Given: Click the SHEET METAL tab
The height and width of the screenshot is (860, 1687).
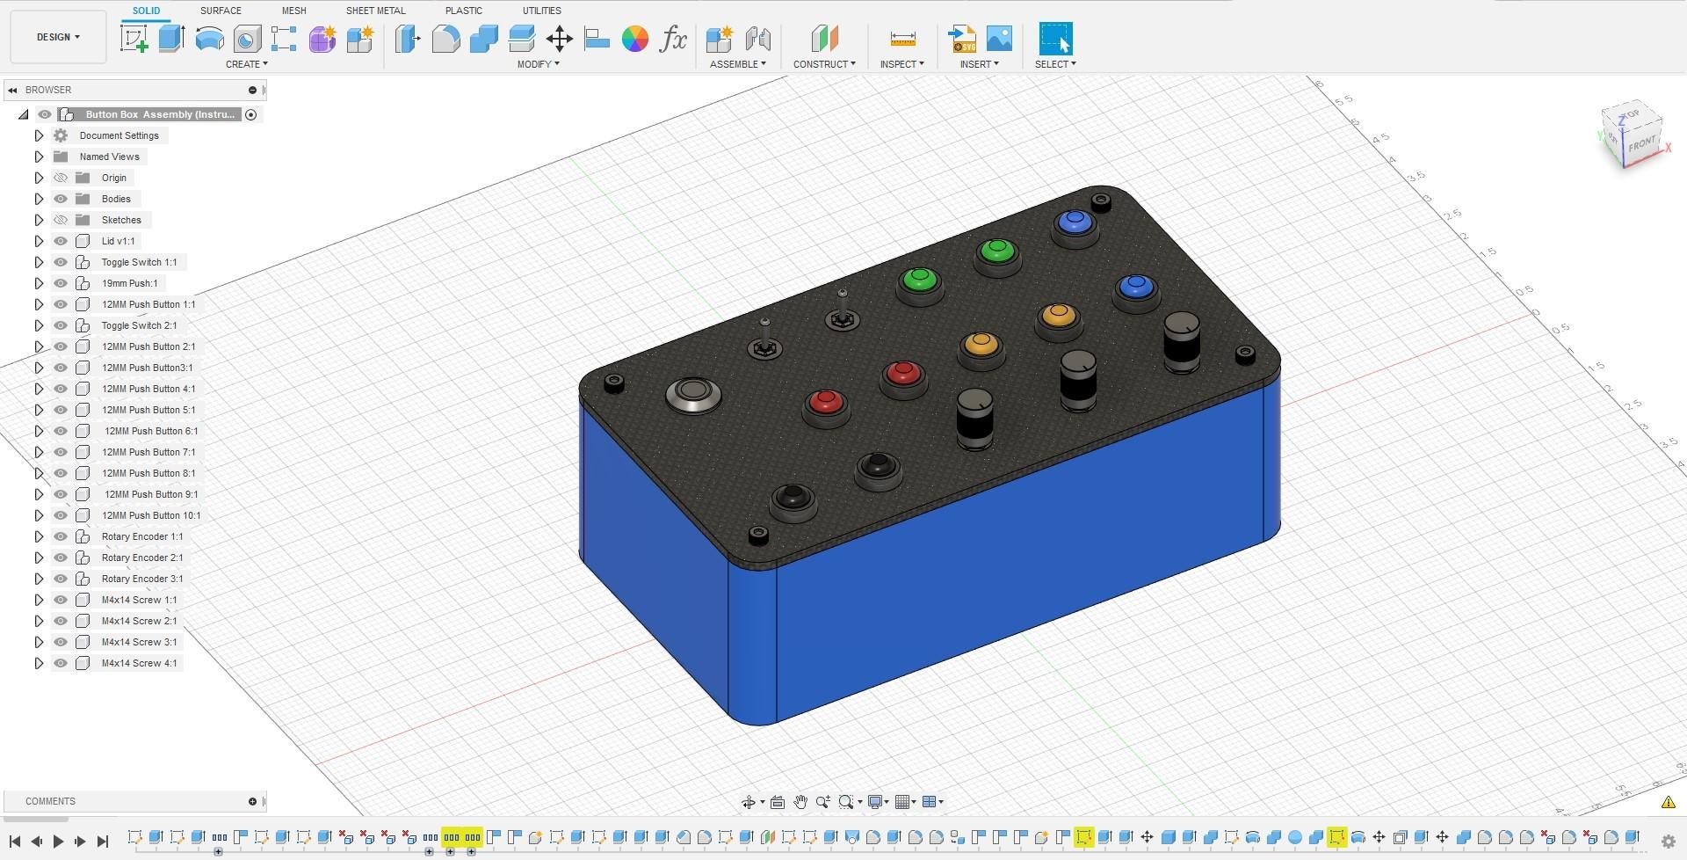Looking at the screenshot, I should [x=375, y=11].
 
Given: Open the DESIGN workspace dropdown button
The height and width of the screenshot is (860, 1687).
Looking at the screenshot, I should [x=58, y=37].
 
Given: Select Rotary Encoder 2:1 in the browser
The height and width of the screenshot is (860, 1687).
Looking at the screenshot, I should [x=141, y=558].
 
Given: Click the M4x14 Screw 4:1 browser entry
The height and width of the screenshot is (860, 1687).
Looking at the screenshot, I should [x=139, y=663].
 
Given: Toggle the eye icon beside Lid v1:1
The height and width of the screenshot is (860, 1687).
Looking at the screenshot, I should [x=61, y=241].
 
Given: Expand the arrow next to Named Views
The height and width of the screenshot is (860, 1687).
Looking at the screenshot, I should [x=39, y=157].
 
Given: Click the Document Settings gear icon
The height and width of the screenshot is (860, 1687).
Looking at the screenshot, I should [x=61, y=135].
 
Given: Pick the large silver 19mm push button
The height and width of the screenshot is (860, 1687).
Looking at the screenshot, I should [x=693, y=395].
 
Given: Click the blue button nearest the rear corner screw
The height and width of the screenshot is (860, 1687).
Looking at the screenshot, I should [x=1075, y=223].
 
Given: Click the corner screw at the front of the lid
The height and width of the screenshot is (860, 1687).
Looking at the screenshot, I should [x=757, y=535].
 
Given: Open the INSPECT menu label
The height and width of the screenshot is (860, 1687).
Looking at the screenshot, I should [x=901, y=64].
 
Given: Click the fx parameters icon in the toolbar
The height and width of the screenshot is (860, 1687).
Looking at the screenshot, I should [x=673, y=39].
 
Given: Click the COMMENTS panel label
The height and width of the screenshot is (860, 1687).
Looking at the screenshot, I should [x=50, y=801].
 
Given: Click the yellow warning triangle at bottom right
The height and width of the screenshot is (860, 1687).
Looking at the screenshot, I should [x=1668, y=802].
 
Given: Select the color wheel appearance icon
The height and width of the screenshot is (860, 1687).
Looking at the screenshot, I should [x=634, y=39].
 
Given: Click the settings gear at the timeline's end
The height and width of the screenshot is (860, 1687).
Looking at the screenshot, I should [x=1668, y=842].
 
